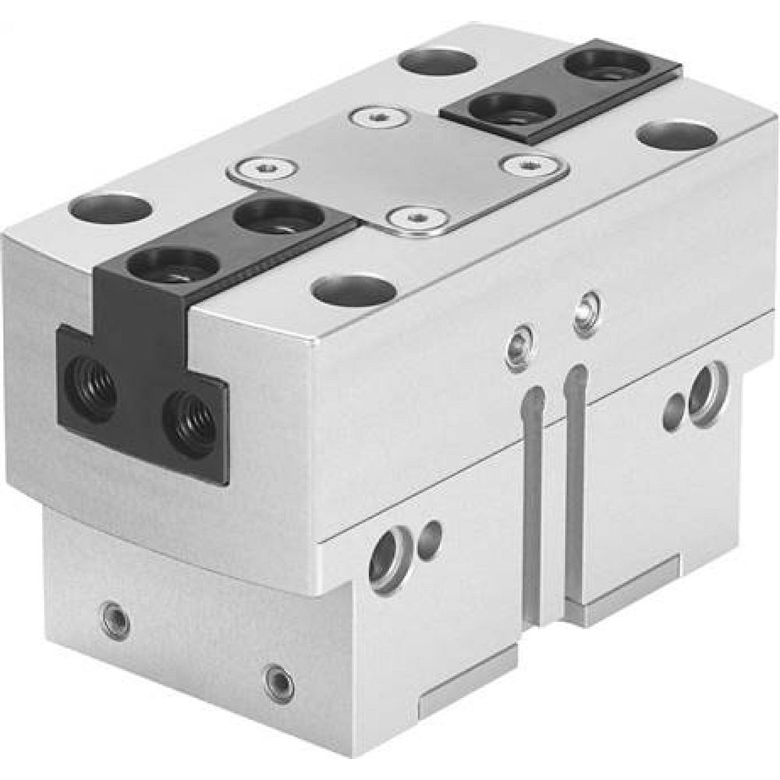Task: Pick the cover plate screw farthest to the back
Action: click(380, 118)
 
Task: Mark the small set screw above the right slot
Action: click(587, 311)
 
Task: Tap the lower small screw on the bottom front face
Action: click(279, 683)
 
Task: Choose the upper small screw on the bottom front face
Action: click(115, 622)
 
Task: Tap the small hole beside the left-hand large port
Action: click(428, 539)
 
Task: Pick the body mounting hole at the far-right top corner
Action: click(677, 135)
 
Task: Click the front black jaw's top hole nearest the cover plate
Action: click(278, 215)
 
